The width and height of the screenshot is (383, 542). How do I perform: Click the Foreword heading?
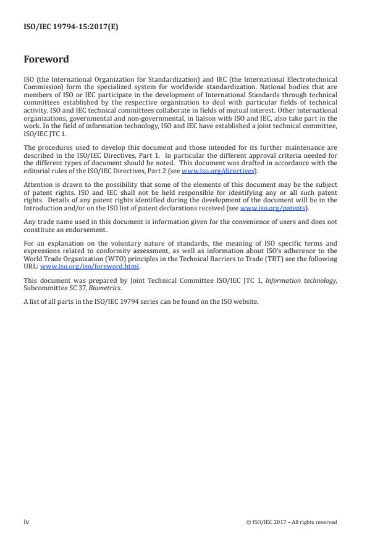(46, 60)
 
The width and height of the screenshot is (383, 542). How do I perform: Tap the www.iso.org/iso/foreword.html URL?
(90, 267)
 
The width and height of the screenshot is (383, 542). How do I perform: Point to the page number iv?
(27, 522)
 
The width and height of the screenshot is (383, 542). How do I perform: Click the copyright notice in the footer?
(291, 522)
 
